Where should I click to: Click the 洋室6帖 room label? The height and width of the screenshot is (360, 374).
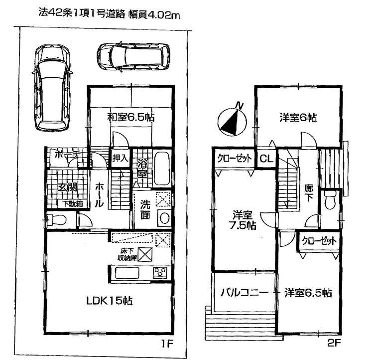pos(297,118)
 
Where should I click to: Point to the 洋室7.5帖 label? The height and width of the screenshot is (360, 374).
pos(244,220)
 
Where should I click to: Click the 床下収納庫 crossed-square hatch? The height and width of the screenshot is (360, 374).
pos(144,254)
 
